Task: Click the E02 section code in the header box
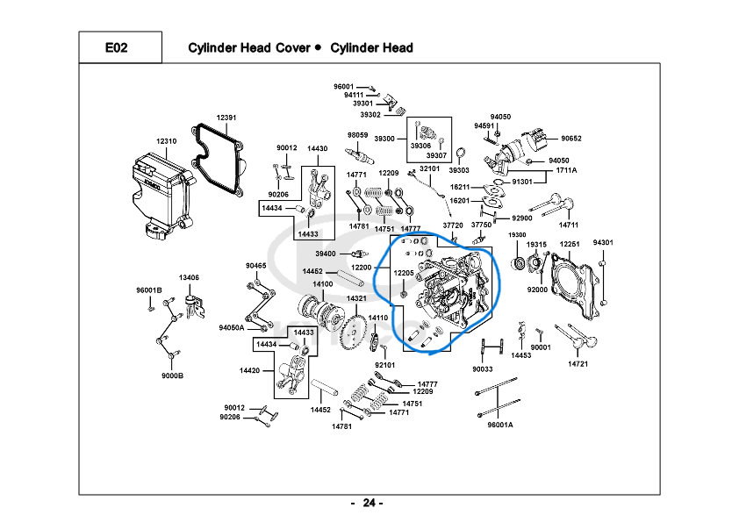(x=116, y=47)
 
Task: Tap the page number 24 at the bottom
(x=369, y=503)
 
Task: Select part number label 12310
(x=167, y=141)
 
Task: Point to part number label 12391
(x=226, y=118)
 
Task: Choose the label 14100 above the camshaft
(x=323, y=284)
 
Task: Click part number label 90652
(x=571, y=139)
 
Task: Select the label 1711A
(x=566, y=170)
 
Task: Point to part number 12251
(x=570, y=244)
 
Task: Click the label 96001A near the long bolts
(x=500, y=425)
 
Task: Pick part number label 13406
(x=189, y=277)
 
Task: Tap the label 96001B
(x=149, y=290)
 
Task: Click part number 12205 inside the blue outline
(x=404, y=273)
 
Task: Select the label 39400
(x=326, y=254)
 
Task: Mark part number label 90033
(x=483, y=369)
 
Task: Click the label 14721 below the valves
(x=578, y=364)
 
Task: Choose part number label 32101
(x=430, y=168)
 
